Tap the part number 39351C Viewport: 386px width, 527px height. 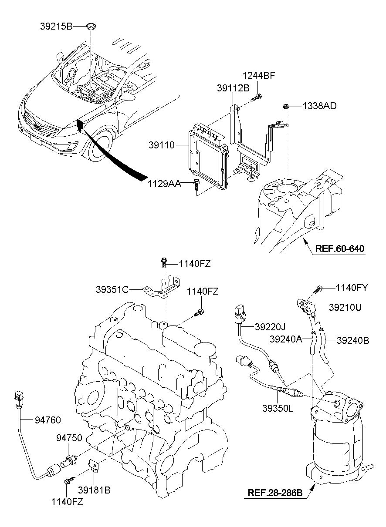pos(112,289)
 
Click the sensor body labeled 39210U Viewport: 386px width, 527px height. pos(306,307)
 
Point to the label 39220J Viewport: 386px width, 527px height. pos(270,326)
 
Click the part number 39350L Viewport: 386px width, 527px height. pos(277,408)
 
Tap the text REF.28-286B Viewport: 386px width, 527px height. pos(275,493)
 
